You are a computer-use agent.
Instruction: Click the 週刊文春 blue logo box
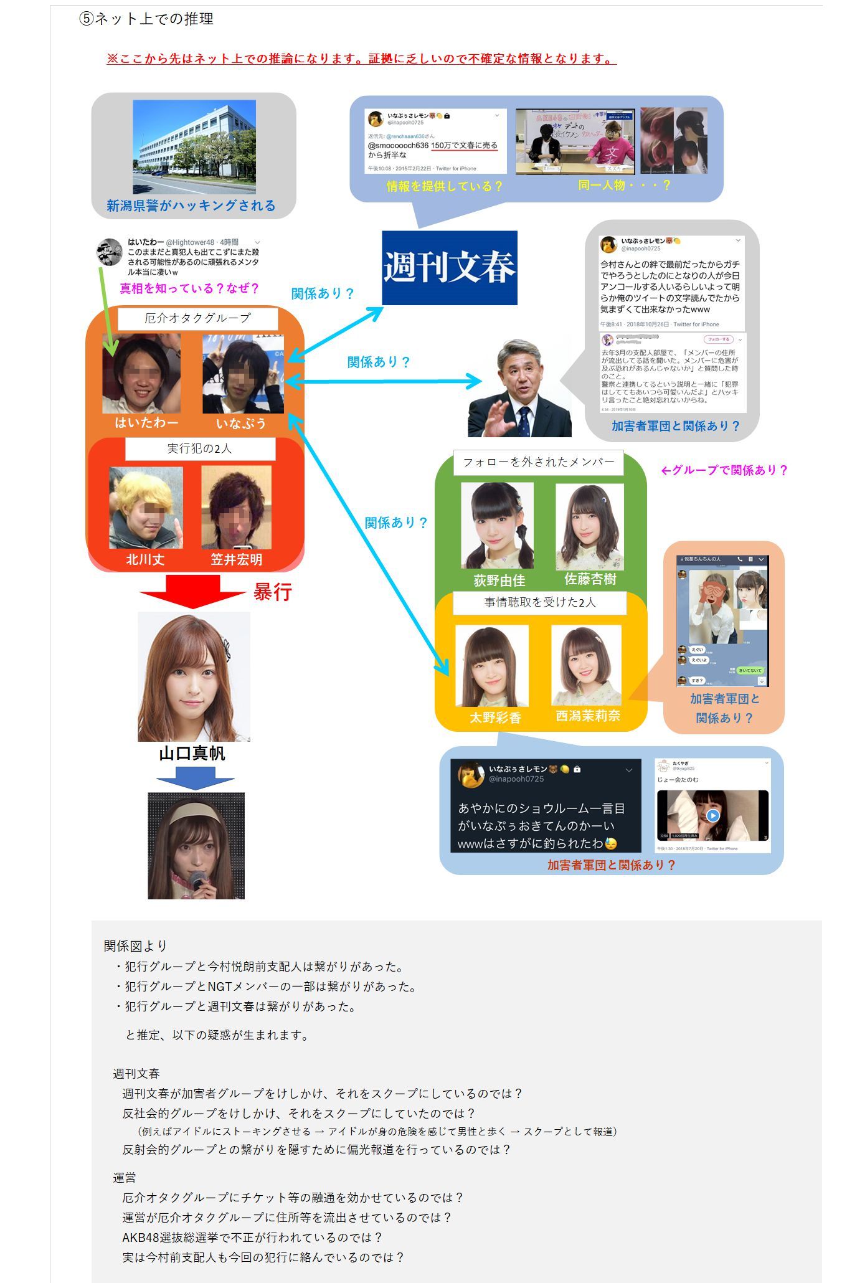coord(449,268)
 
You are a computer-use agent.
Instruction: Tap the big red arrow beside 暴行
coord(192,590)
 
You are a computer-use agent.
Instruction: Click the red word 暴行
coord(272,592)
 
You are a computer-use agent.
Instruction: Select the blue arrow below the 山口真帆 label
coord(195,779)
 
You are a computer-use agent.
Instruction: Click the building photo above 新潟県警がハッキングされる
coord(194,146)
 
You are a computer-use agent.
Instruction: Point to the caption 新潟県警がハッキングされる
coord(191,206)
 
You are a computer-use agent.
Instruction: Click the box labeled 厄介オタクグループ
coord(197,318)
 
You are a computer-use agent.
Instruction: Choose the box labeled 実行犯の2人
coord(199,448)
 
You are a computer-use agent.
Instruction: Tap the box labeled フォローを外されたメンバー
coord(538,462)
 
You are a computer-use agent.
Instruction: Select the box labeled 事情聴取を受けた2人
coord(539,602)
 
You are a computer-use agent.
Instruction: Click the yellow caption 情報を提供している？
coord(444,186)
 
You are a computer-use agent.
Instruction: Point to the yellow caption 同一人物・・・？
coord(624,185)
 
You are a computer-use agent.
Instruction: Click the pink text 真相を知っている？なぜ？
coord(189,288)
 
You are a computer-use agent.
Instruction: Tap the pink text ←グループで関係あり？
coord(724,470)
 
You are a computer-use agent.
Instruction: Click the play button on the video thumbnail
coord(713,815)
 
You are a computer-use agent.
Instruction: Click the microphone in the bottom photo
coord(198,881)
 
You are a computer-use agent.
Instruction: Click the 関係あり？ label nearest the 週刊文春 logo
coord(323,293)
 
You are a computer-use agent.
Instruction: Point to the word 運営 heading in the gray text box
coord(125,1177)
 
